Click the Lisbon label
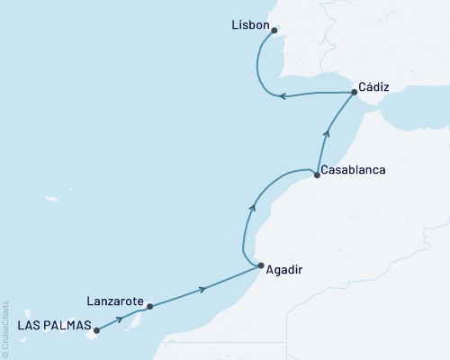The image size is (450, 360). coord(249,25)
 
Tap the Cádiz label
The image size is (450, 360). coord(373,86)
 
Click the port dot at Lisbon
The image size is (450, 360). coord(274,30)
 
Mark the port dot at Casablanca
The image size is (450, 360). coord(317,175)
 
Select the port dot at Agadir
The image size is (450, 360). coord(261,266)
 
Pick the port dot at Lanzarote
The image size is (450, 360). coord(149,307)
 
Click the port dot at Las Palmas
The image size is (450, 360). coord(97,330)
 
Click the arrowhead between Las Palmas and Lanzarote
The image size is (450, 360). coord(120,319)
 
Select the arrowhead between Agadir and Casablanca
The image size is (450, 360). coord(253,208)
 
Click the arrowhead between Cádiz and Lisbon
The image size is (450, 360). coord(282,96)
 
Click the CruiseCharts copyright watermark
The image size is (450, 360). coord(5,329)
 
